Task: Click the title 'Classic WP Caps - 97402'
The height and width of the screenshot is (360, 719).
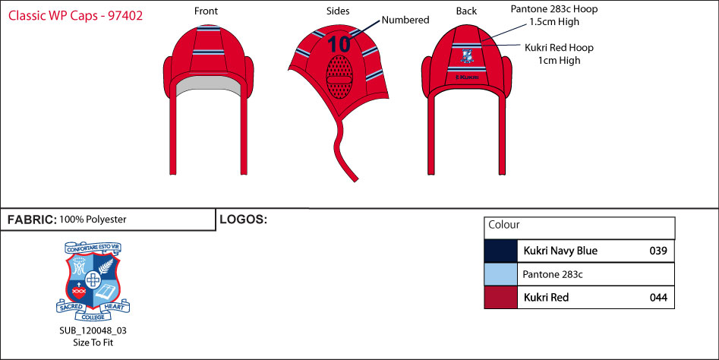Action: click(x=75, y=14)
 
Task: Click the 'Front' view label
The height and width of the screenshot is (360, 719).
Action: click(x=206, y=11)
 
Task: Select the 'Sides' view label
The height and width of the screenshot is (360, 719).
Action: click(x=338, y=11)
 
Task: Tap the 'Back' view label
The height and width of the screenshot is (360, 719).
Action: click(x=466, y=11)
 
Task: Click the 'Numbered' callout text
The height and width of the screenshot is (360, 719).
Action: click(x=405, y=21)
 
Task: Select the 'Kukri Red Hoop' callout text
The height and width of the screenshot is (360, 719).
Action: click(x=559, y=47)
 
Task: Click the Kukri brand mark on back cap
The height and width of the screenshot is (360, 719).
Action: click(x=467, y=76)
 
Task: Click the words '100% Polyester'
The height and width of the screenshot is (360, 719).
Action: click(x=93, y=219)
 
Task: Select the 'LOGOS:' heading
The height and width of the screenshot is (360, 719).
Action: click(x=243, y=219)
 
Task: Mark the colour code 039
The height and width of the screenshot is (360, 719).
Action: click(x=658, y=251)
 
